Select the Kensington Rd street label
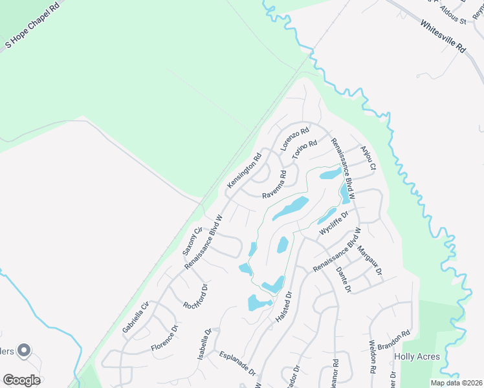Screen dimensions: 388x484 point(244,171)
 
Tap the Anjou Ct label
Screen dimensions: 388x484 point(368,157)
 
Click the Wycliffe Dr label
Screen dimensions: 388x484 point(334,222)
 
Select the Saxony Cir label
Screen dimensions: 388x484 point(193,239)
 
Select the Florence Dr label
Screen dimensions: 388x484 point(164,340)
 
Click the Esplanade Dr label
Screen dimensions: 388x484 point(237,364)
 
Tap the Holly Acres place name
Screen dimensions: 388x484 point(417,356)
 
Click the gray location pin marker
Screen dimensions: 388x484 point(25,350)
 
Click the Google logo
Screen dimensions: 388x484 point(21,380)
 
